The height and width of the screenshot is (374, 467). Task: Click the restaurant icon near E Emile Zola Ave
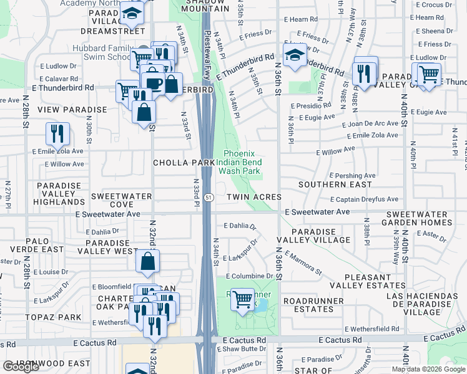coord(57,133)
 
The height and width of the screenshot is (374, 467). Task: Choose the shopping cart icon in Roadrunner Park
coord(242,300)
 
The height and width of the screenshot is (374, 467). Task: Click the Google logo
coord(21,367)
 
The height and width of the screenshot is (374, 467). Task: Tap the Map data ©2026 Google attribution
coord(428,369)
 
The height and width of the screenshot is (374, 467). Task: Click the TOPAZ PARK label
coord(54,317)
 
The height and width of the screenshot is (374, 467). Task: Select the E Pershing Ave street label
coord(352,176)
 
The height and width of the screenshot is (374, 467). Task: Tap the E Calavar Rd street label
coord(58,79)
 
